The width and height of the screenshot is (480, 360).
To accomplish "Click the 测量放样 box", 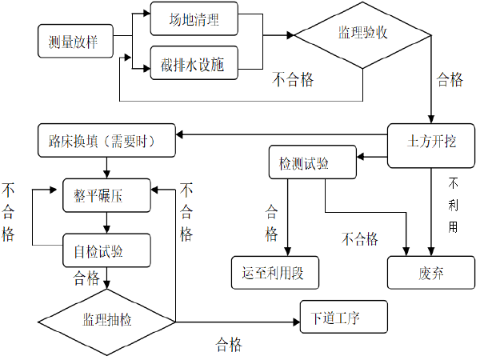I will (x=73, y=42).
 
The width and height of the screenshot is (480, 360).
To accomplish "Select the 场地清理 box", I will (x=194, y=19).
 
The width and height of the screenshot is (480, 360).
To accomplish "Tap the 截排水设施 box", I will (x=194, y=64).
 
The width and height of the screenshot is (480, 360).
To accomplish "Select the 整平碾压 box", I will (x=107, y=195).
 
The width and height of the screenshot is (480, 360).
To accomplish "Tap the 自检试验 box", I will (x=107, y=250).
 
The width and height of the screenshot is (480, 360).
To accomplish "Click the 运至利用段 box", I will (x=274, y=272).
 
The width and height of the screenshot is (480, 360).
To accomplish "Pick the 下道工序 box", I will (x=343, y=317).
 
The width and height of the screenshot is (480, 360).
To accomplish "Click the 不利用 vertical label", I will (x=453, y=204).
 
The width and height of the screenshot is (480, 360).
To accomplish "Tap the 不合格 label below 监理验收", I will (x=292, y=79).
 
